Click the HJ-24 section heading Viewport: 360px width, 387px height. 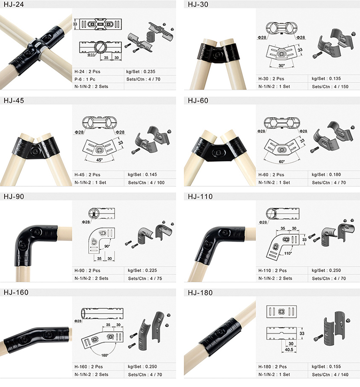tap(14, 4)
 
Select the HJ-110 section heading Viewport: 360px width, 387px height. tap(200, 196)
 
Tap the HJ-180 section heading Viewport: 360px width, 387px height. tap(200, 293)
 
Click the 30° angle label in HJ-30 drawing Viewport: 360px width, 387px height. tap(281, 66)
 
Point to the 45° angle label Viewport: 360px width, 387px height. tap(99, 160)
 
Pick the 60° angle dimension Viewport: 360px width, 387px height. tap(282, 162)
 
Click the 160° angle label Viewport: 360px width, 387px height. tap(105, 356)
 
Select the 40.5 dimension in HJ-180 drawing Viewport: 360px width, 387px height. tap(289, 350)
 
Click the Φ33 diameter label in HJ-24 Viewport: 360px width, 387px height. tap(91, 55)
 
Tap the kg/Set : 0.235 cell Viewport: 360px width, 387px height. tap(140, 71)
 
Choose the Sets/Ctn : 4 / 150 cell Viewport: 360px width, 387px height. tap(330, 87)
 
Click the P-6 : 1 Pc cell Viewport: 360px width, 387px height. tap(85, 79)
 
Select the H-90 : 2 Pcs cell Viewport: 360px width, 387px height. tap(87, 271)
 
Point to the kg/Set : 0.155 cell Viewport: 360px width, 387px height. tap(326, 366)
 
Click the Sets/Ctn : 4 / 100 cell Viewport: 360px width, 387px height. tap(146, 182)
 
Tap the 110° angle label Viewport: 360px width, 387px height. tap(288, 253)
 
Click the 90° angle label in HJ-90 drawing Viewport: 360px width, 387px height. tap(107, 246)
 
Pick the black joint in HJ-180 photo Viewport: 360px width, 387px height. tap(220, 334)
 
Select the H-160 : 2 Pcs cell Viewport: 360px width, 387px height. tap(89, 366)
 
